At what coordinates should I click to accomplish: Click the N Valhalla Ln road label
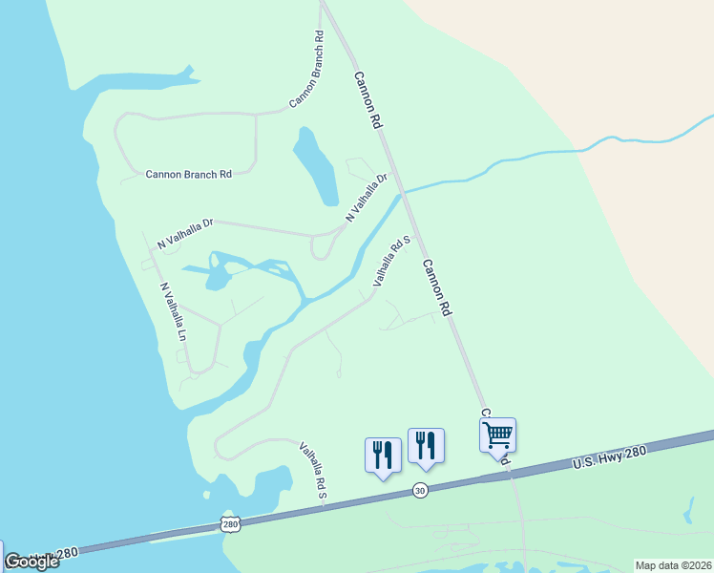[x=173, y=311]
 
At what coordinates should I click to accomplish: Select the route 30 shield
[x=420, y=490]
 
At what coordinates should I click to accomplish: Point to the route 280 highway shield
[x=229, y=523]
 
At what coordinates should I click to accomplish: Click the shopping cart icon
[x=497, y=435]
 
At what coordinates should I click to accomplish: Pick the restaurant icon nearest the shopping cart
[x=426, y=445]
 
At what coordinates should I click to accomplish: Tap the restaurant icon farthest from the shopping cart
[x=383, y=455]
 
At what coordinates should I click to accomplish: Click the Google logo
[x=31, y=562]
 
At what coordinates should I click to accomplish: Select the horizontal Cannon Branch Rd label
[x=188, y=174]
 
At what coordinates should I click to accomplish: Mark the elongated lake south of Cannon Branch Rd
[x=315, y=167]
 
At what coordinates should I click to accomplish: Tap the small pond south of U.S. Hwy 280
[x=688, y=510]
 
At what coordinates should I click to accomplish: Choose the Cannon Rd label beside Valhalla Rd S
[x=435, y=288]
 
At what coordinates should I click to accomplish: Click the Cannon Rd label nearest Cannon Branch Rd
[x=367, y=100]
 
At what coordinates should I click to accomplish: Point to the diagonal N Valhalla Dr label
[x=367, y=198]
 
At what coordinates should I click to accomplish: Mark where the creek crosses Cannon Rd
[x=404, y=192]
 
